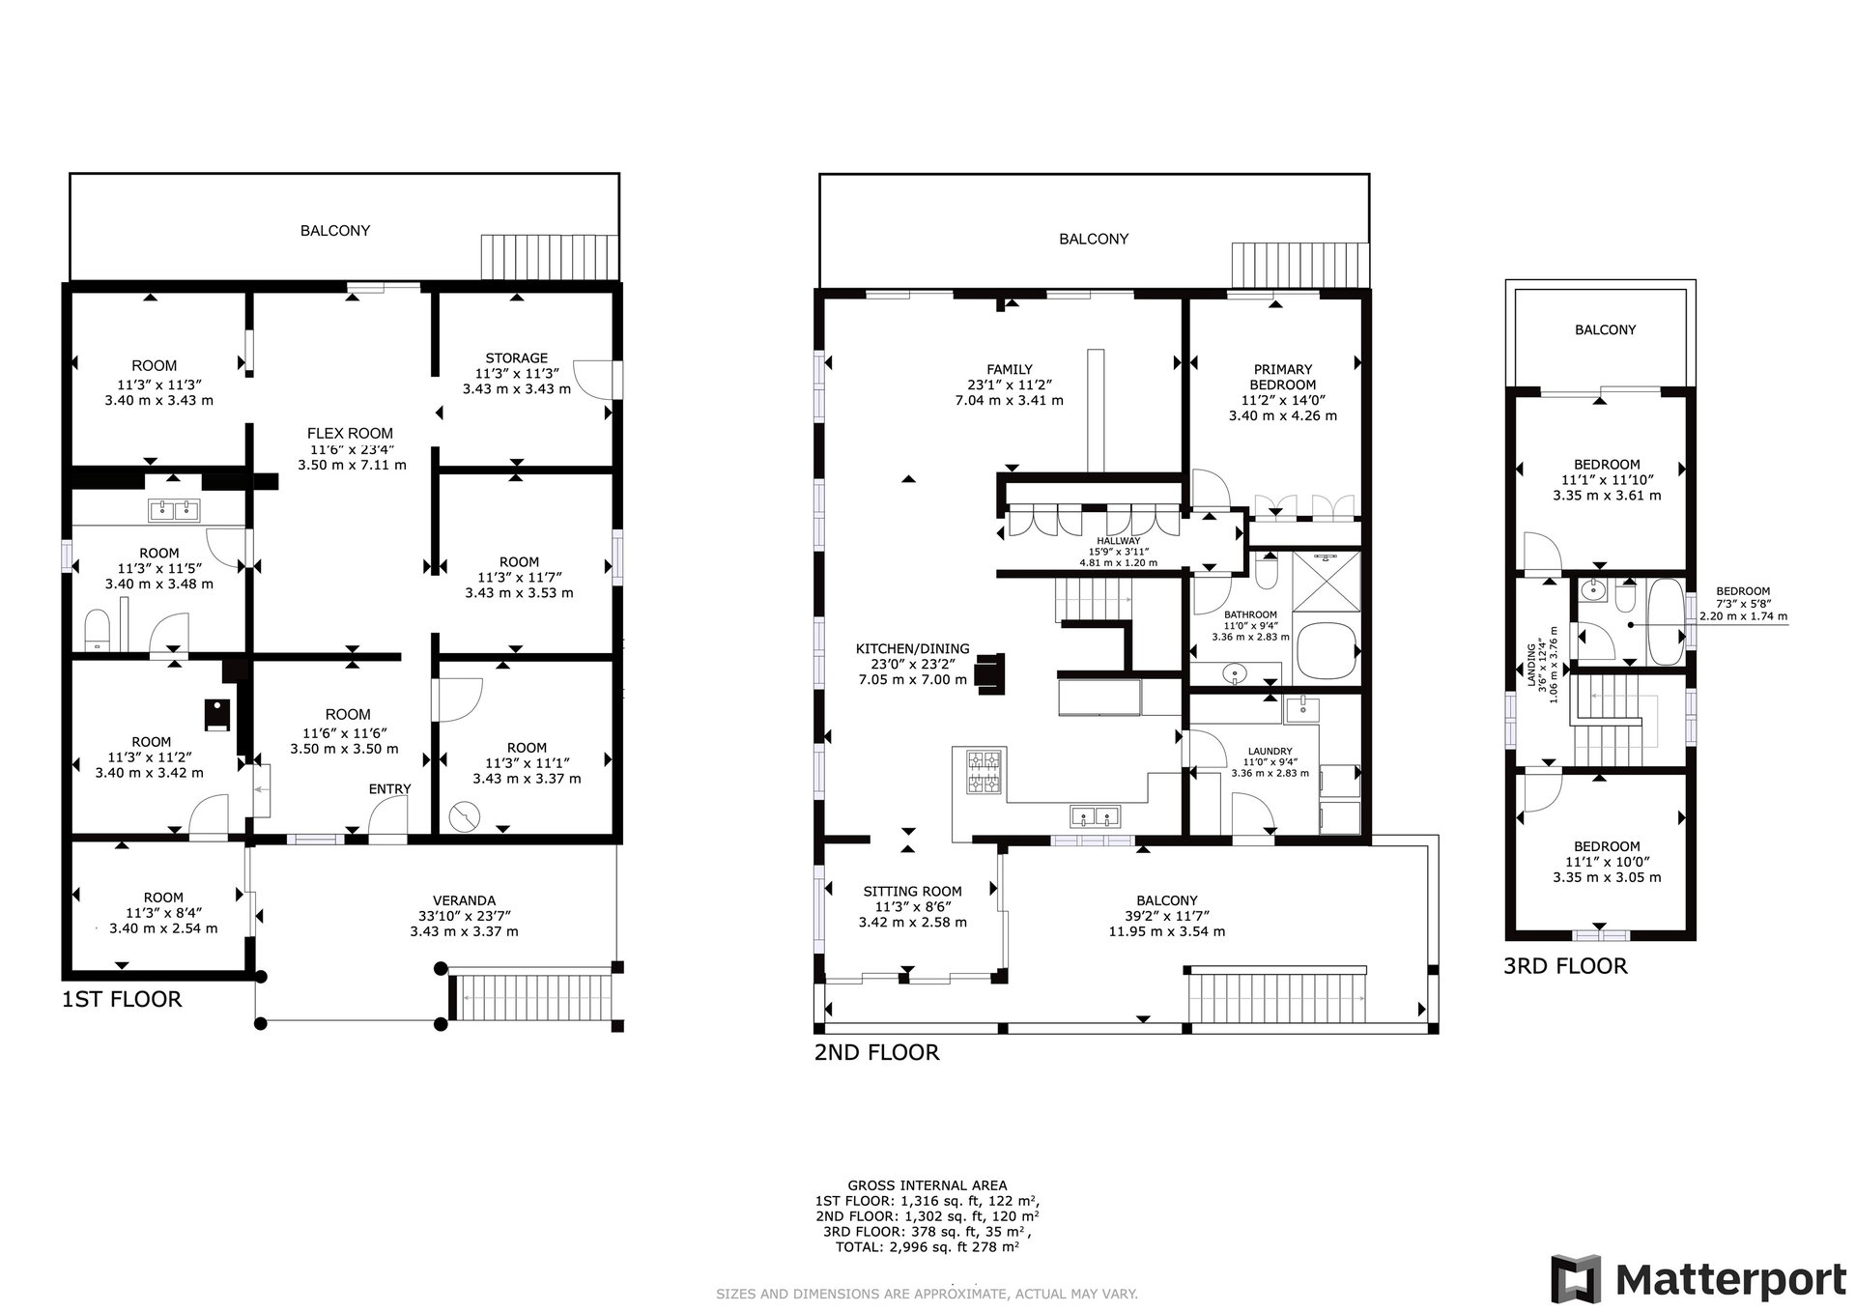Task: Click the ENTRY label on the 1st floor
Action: click(x=389, y=789)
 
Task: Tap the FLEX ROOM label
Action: click(x=351, y=434)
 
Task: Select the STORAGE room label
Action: click(x=517, y=358)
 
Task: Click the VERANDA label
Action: click(x=464, y=900)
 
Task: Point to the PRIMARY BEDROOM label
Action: click(x=1283, y=377)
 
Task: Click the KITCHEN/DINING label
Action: click(x=912, y=649)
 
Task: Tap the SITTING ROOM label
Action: click(x=912, y=892)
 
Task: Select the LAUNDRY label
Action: click(x=1270, y=752)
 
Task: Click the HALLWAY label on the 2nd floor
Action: click(x=1118, y=541)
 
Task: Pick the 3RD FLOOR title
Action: click(x=1565, y=966)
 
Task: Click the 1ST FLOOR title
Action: click(x=122, y=999)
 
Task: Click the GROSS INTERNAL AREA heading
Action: click(x=927, y=1185)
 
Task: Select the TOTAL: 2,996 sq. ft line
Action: click(x=927, y=1247)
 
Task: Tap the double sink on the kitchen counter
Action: click(x=1096, y=817)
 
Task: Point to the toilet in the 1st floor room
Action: click(x=97, y=629)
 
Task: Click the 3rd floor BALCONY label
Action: click(x=1605, y=329)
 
